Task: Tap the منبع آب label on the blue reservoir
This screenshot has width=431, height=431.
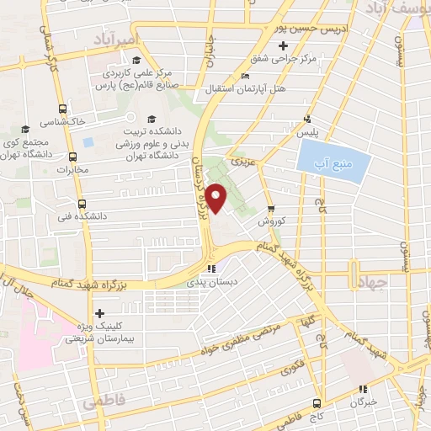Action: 334,161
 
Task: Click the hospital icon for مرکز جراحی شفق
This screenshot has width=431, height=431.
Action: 284,45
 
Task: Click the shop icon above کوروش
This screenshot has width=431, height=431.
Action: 270,209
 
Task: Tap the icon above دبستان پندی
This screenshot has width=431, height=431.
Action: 211,269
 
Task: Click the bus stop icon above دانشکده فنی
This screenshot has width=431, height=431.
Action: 82,203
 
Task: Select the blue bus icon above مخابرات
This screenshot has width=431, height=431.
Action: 73,156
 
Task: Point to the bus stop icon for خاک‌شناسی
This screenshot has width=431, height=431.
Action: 63,109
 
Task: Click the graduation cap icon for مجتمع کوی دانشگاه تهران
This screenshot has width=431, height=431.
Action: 25,130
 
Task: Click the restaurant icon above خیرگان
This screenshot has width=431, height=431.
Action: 363,389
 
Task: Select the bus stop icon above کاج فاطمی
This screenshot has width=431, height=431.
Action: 317,402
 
